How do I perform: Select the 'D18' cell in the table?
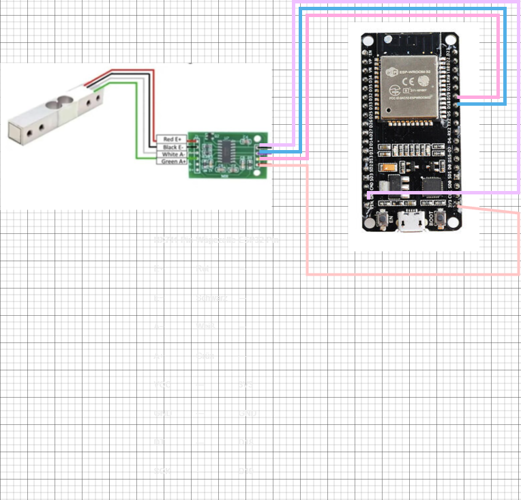point(245,443)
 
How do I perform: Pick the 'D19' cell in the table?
point(245,471)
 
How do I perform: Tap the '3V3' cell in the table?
point(245,385)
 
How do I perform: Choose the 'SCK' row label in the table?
point(162,471)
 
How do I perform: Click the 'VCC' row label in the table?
point(162,385)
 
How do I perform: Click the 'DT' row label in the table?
point(159,443)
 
